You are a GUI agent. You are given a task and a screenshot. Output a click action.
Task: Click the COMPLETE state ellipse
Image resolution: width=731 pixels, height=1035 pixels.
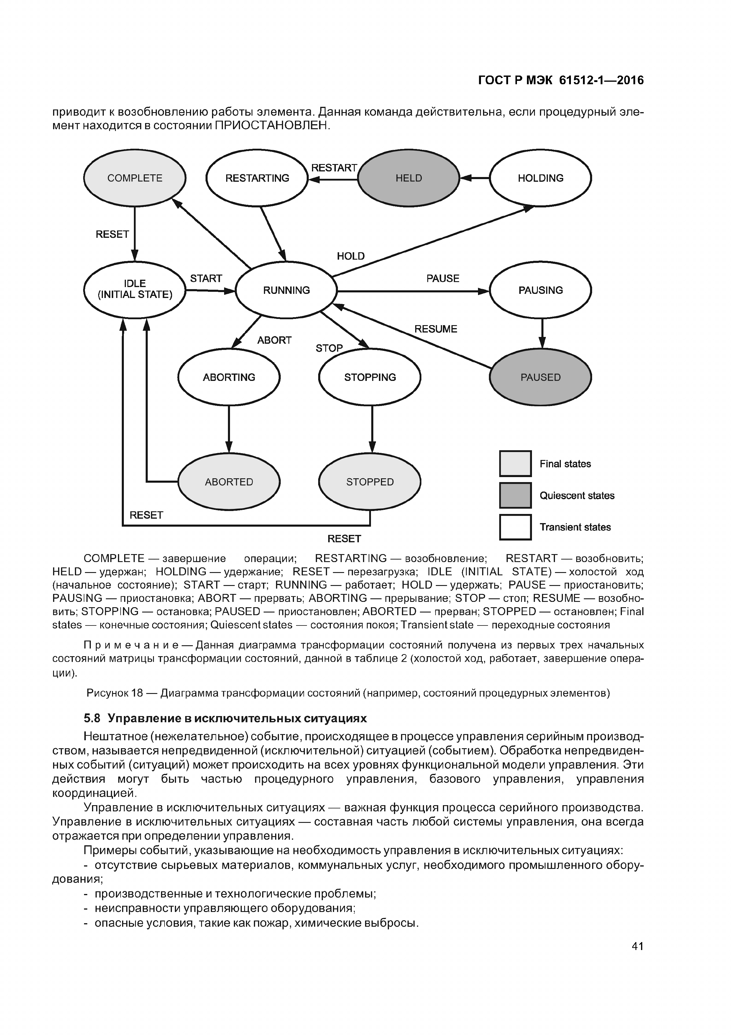135,178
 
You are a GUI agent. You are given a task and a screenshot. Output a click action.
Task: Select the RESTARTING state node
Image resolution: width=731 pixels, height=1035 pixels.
257,178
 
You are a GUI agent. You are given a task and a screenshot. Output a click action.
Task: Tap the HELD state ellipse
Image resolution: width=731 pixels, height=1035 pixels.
408,178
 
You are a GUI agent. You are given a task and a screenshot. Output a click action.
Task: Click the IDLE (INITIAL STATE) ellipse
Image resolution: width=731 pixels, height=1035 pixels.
135,289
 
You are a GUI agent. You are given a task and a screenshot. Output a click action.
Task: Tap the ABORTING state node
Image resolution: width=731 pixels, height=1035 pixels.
229,377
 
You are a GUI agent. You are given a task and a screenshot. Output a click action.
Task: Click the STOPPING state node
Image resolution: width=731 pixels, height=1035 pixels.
370,377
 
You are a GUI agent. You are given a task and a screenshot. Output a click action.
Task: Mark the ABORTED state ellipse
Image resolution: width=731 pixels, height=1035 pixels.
229,482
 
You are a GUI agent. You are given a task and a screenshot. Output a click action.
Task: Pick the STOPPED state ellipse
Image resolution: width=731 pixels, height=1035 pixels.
370,482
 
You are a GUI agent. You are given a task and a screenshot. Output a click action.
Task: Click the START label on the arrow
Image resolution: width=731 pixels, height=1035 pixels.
206,279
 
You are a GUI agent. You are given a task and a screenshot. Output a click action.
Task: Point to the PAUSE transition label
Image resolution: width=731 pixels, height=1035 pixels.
443,279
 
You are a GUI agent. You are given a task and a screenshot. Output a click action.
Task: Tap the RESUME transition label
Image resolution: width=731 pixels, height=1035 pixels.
436,329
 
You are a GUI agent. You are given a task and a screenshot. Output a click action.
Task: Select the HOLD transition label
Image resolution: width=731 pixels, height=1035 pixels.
350,256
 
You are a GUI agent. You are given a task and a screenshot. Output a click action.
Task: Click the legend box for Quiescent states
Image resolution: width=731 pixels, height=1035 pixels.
515,495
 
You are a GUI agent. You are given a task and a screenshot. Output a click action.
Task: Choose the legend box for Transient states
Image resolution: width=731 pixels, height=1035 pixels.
515,527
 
